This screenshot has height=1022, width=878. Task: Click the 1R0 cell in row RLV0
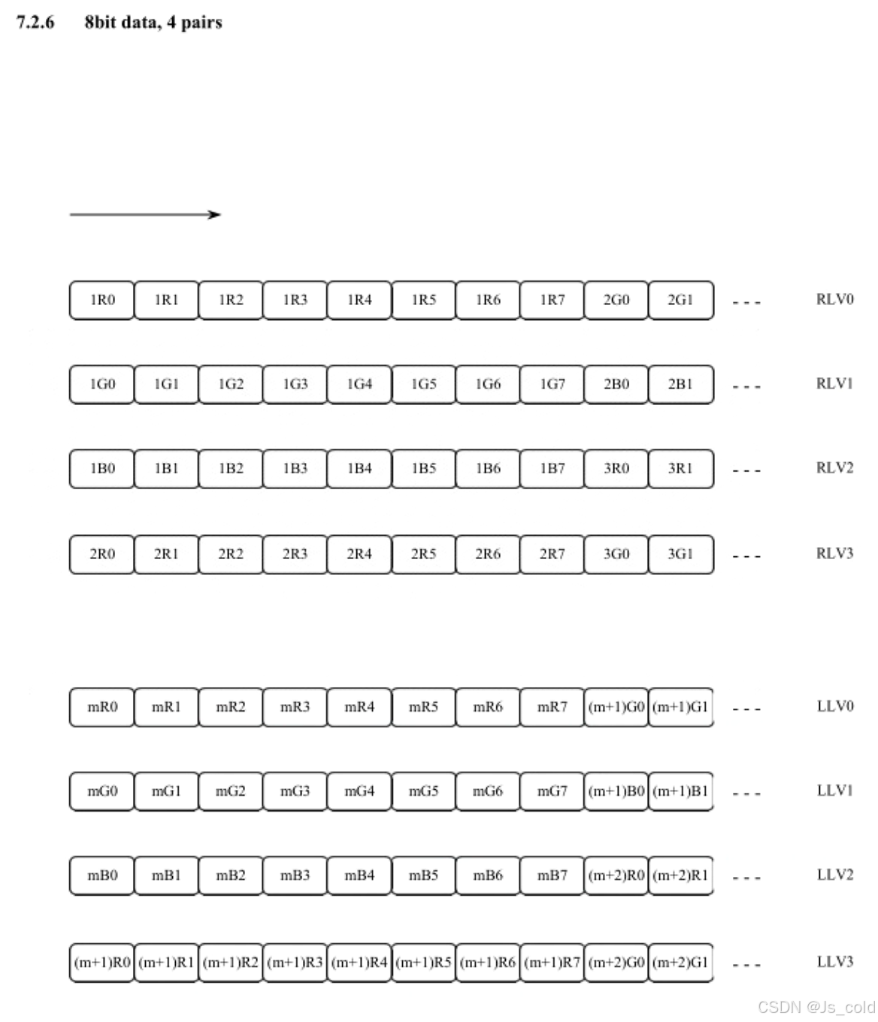[102, 300]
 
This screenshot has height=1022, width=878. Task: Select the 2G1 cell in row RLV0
[680, 300]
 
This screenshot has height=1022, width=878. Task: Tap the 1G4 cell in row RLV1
[359, 384]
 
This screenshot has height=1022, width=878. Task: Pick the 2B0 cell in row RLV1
[616, 384]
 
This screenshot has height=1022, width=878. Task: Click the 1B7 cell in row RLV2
[552, 468]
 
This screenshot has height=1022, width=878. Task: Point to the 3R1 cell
[680, 468]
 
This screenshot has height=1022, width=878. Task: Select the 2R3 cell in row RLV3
[295, 554]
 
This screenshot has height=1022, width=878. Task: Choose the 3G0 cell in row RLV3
[616, 554]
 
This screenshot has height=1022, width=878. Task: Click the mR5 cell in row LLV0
[423, 706]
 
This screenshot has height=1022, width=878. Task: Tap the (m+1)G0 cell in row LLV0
[616, 706]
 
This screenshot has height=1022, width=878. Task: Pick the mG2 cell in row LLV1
[231, 791]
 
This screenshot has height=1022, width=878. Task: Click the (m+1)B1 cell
[680, 791]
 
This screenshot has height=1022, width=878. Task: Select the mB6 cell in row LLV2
[488, 875]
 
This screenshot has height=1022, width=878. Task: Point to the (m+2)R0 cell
[616, 875]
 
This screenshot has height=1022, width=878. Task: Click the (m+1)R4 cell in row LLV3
[359, 962]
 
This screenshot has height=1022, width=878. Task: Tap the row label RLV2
[834, 468]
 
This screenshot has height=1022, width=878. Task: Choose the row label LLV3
[834, 962]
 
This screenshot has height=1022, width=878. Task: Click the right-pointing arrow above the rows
[145, 215]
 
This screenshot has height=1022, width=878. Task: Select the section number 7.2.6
[35, 23]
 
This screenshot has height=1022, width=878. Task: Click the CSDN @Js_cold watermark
[816, 1007]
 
